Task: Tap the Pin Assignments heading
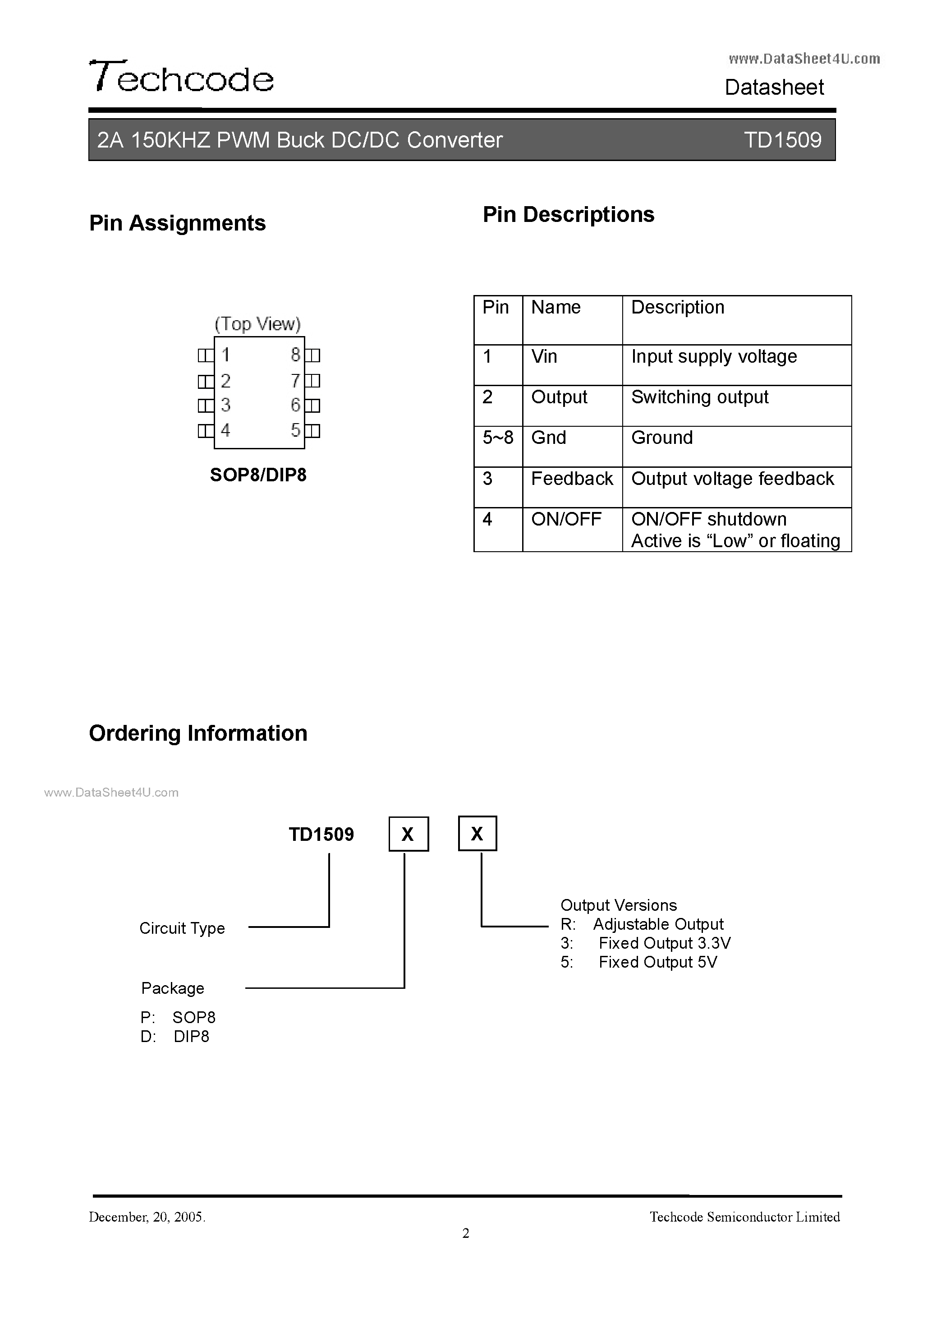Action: (178, 223)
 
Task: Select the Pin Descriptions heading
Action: (568, 214)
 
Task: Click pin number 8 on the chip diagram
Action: (295, 355)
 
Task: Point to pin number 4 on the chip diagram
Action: (226, 430)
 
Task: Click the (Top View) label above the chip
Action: (257, 324)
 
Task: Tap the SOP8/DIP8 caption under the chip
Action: (258, 475)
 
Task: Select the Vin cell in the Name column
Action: (544, 357)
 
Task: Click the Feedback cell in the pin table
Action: (572, 479)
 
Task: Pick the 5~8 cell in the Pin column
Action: (498, 438)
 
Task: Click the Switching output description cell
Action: (699, 397)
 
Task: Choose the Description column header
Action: (678, 307)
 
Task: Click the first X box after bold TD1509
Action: (409, 834)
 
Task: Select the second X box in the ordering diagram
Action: (477, 834)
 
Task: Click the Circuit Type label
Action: (182, 928)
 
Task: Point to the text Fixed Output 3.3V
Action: (665, 943)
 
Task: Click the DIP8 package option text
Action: (191, 1036)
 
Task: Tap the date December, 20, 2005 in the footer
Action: (147, 1217)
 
